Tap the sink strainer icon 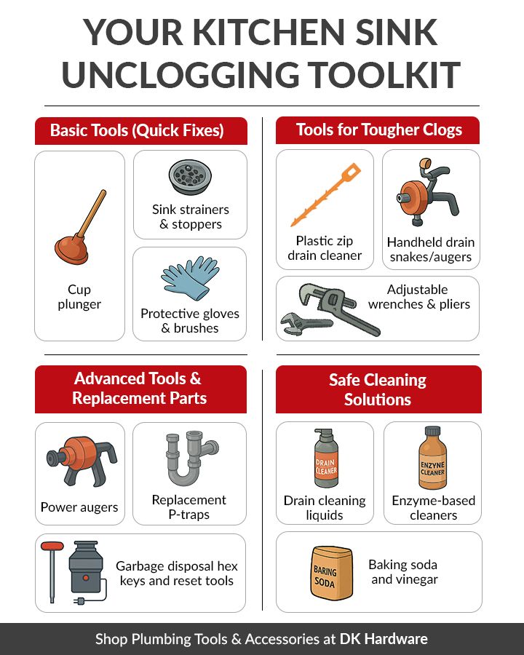tap(189, 177)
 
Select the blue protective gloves tap(189, 280)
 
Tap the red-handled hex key tap(52, 568)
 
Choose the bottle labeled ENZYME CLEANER tap(432, 460)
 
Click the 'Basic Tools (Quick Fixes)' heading tap(137, 131)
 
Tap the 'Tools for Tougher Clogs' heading tap(378, 130)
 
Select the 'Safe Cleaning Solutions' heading tap(378, 389)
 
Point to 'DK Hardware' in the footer tap(384, 639)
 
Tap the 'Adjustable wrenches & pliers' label tap(418, 297)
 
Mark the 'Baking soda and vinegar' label tap(403, 572)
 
